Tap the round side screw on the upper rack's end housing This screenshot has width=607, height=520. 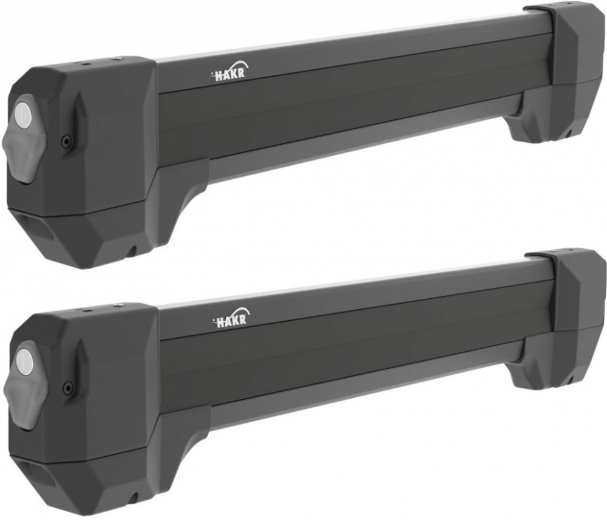tap(67, 141)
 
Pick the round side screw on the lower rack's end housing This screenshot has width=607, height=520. tap(69, 386)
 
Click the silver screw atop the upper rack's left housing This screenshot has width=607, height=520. tap(117, 58)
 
